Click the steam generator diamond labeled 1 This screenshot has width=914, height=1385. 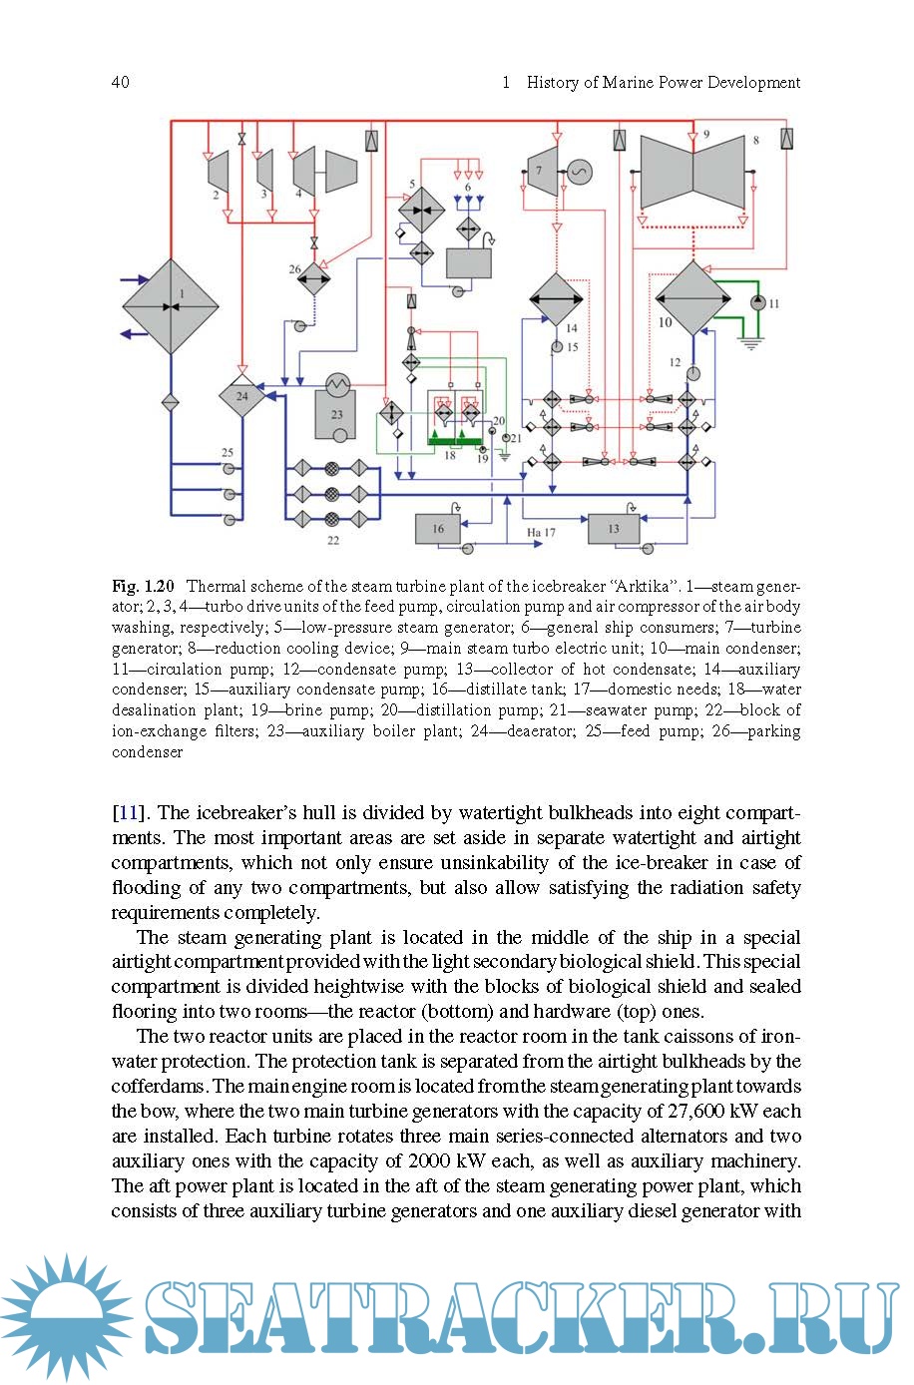pyautogui.click(x=171, y=306)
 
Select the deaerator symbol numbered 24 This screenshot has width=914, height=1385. pyautogui.click(x=242, y=397)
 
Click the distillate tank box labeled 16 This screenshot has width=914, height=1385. pyautogui.click(x=438, y=529)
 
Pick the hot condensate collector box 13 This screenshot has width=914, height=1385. pyautogui.click(x=614, y=529)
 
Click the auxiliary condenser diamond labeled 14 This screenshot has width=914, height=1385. pyautogui.click(x=556, y=299)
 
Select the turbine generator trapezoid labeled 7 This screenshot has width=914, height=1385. pyautogui.click(x=541, y=171)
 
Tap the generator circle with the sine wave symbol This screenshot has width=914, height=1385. pyautogui.click(x=579, y=172)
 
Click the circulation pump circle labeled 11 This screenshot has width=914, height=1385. pyautogui.click(x=758, y=302)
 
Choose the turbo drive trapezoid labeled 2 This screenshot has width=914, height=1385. pyautogui.click(x=219, y=171)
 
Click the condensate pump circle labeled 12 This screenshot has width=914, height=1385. pyautogui.click(x=691, y=374)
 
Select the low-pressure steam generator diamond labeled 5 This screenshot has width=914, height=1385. pyautogui.click(x=422, y=210)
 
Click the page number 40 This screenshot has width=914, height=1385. pyautogui.click(x=121, y=82)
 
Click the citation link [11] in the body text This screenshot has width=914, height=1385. pyautogui.click(x=126, y=812)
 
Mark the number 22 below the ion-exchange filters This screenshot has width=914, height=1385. pyautogui.click(x=332, y=540)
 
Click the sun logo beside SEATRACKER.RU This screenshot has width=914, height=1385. pyautogui.click(x=68, y=1316)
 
